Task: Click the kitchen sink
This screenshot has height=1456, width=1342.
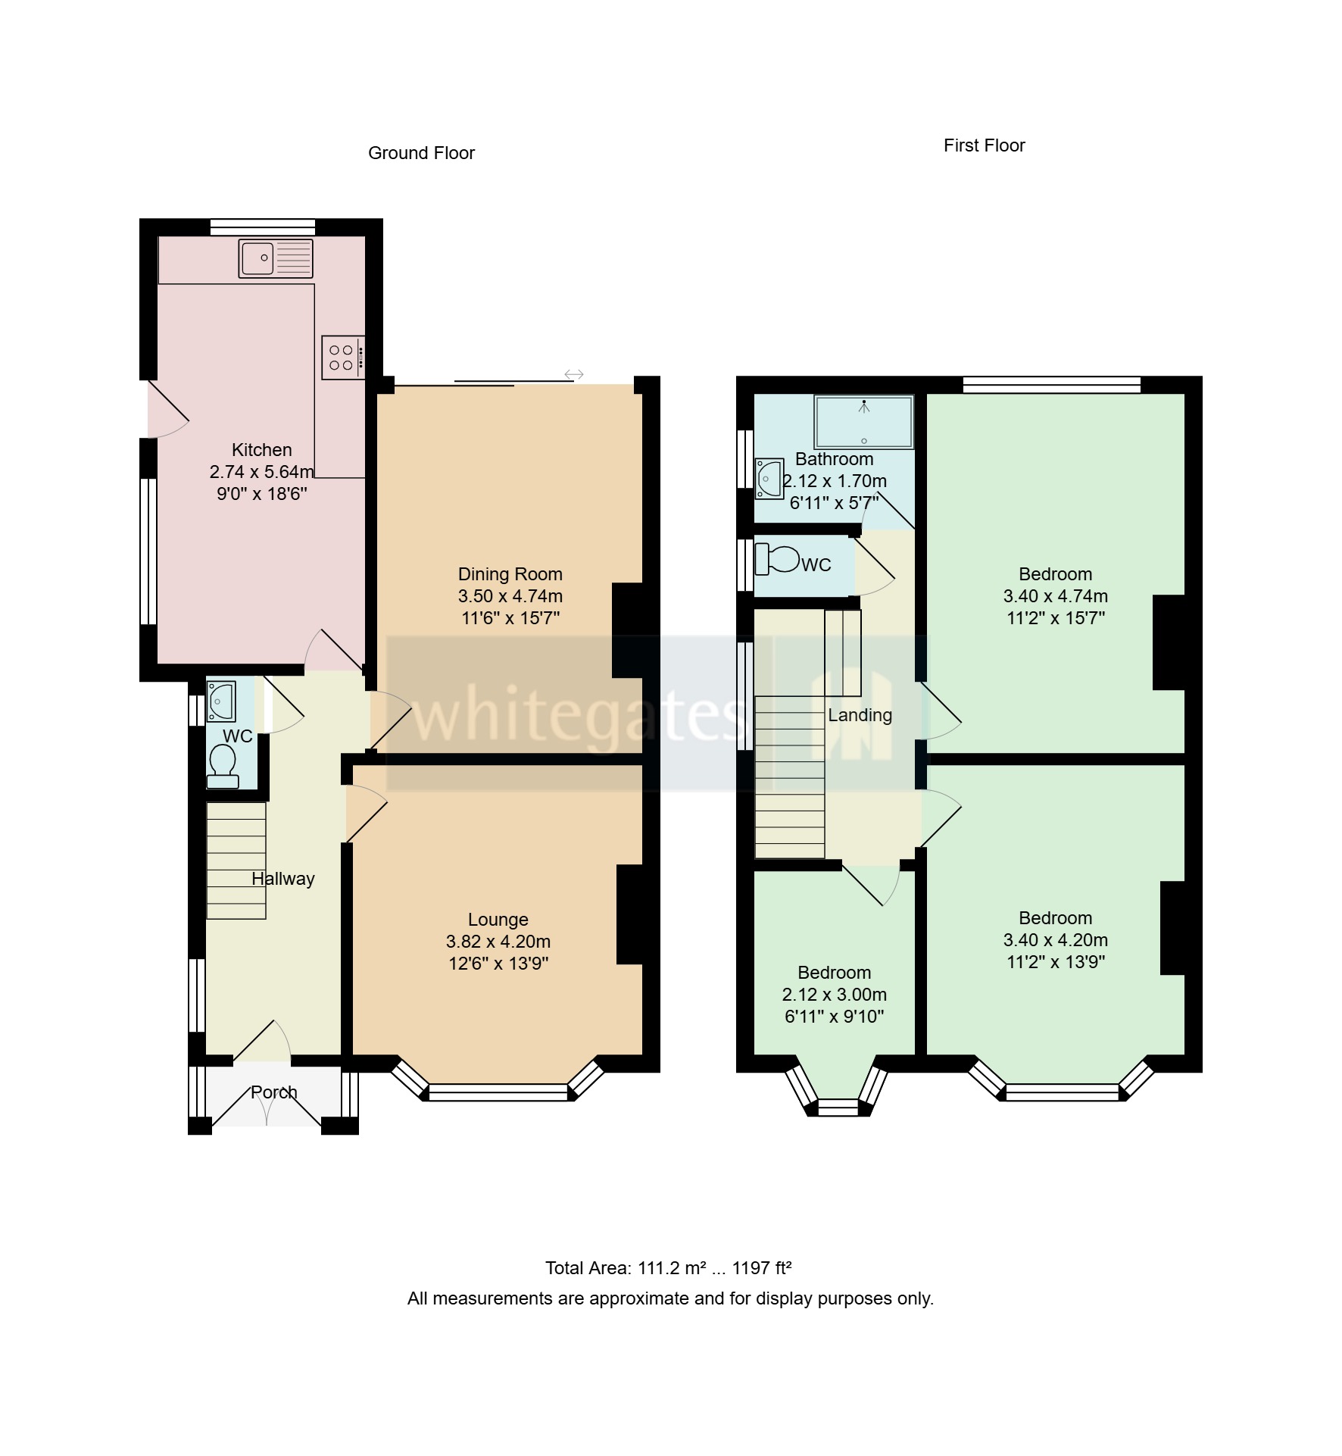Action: tap(275, 258)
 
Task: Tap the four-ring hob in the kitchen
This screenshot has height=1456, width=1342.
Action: tap(342, 358)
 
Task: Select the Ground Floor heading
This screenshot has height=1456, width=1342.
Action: tap(421, 153)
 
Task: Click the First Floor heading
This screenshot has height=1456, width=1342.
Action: tap(983, 145)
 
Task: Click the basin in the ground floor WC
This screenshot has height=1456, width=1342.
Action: tap(220, 701)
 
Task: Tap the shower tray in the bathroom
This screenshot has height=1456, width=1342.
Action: tap(863, 422)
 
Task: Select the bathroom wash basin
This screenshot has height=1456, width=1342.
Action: tap(769, 478)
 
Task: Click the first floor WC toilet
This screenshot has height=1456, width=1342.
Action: tap(778, 559)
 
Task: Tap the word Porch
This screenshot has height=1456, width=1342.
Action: tap(273, 1092)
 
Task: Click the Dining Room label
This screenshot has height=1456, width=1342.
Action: tap(510, 574)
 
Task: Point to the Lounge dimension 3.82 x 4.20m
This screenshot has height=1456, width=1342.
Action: tap(498, 942)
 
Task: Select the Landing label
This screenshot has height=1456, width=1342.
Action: tap(860, 715)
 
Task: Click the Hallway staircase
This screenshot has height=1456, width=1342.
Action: tap(236, 861)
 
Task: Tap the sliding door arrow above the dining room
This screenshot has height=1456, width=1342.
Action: tap(574, 374)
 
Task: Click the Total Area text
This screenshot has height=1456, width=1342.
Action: tap(668, 1268)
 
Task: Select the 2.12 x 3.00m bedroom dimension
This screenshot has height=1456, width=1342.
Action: tap(834, 995)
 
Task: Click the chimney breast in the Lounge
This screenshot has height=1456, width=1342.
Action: tap(630, 914)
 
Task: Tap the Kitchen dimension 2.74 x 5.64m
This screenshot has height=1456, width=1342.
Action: tap(261, 472)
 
